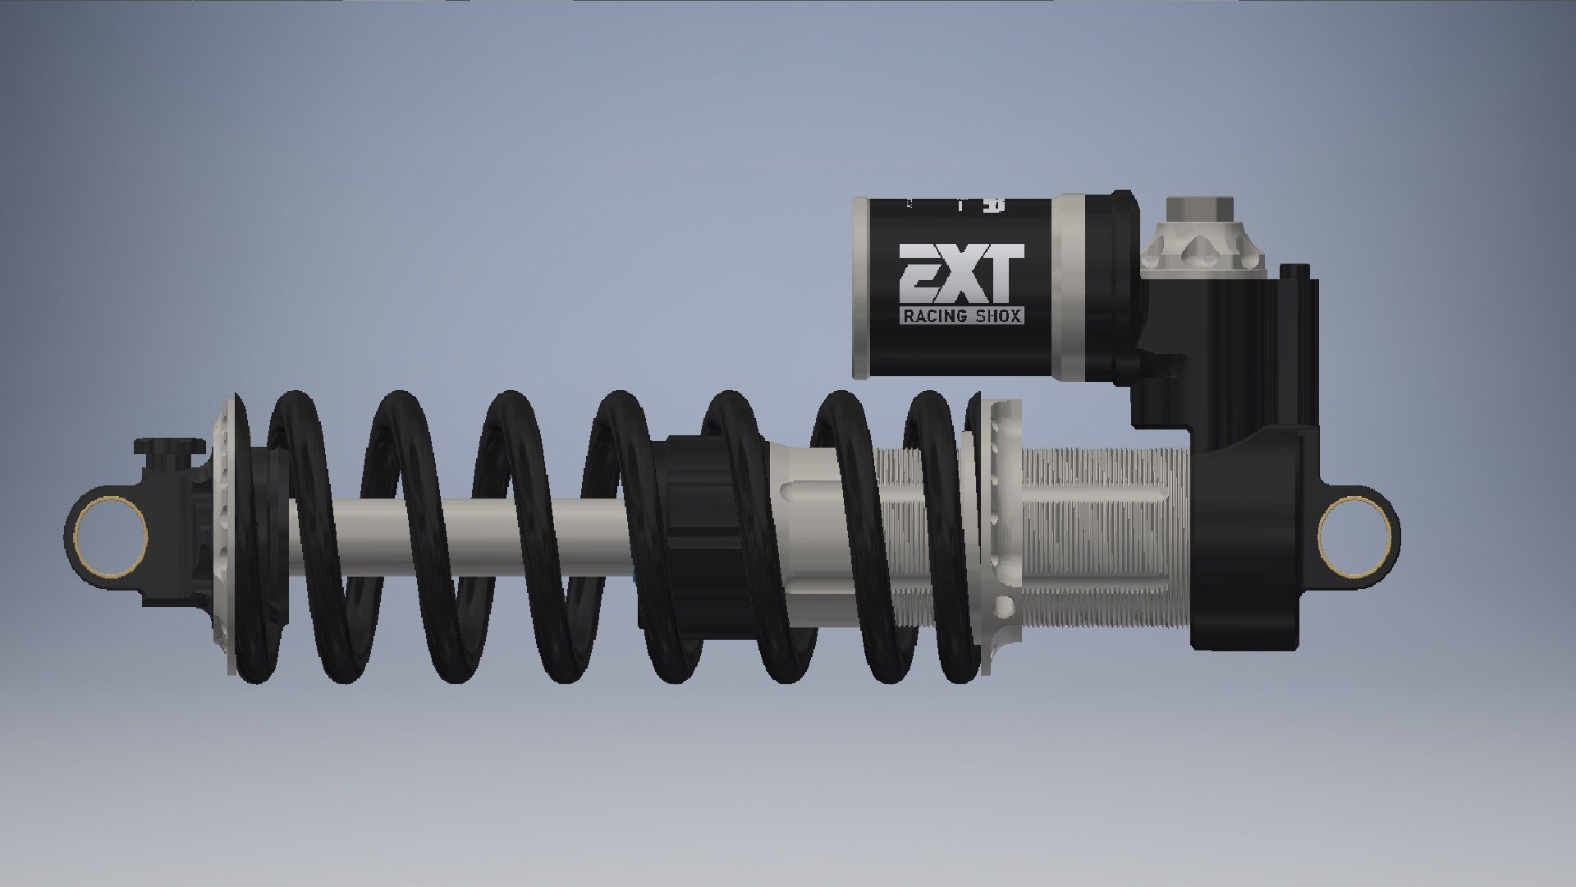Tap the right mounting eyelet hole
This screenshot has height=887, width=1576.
coord(1354,536)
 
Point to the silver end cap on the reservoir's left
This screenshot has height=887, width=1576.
coord(861,287)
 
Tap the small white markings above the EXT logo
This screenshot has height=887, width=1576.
coord(956,205)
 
